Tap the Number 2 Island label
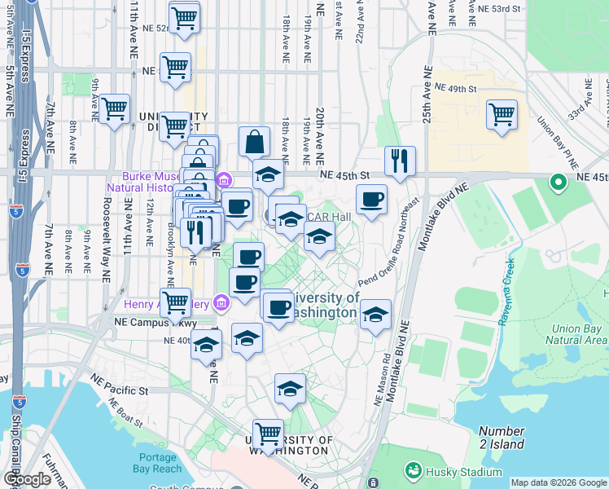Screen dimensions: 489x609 [502, 437]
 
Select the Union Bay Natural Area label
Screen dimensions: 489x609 [579, 334]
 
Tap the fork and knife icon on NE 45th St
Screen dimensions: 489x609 [400, 161]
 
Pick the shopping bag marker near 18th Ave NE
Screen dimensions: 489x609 [254, 141]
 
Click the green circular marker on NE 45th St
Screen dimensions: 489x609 [559, 183]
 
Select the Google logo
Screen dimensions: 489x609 [27, 479]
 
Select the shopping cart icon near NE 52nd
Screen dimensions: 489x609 [185, 17]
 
